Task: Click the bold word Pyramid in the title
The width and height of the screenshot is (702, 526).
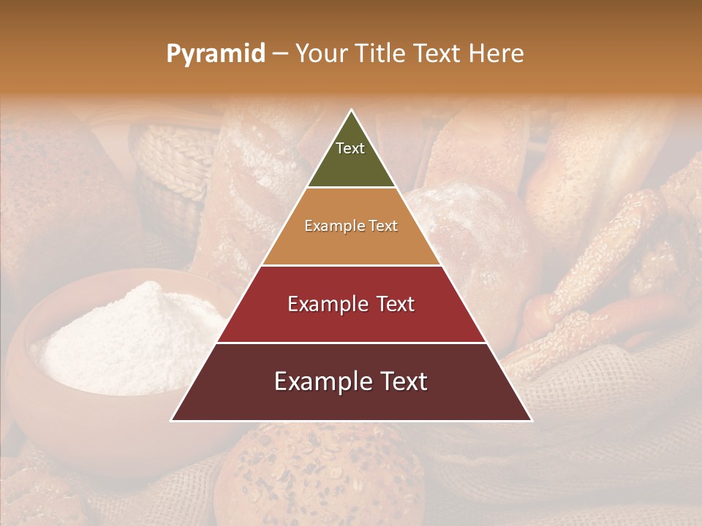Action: pos(215,54)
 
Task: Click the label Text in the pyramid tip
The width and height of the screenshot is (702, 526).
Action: pos(350,148)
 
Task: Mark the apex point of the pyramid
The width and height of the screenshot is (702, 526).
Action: pos(352,110)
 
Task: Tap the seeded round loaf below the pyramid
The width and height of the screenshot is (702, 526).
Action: pos(322,475)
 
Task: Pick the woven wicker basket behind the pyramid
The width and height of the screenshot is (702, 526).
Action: pos(172,168)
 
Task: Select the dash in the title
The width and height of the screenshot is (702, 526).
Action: pos(279,54)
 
